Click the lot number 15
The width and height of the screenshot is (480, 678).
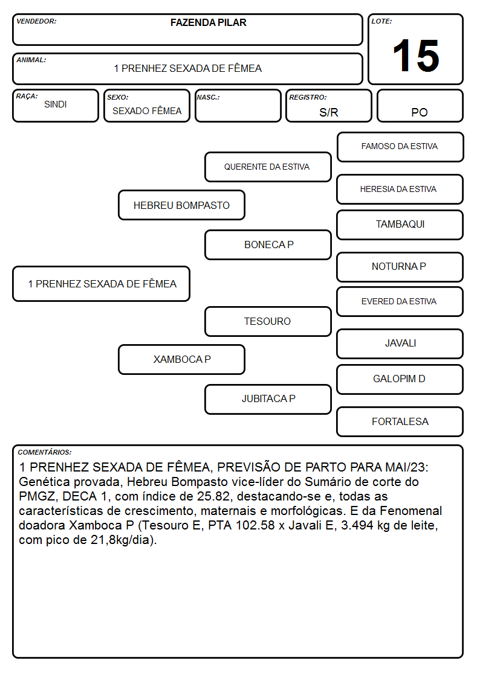416,56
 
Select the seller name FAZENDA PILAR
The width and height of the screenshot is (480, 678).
208,22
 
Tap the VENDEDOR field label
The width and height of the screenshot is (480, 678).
36,21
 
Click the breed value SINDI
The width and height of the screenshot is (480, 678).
56,104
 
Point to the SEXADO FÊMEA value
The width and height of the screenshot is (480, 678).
147,110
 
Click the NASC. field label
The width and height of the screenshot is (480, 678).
208,97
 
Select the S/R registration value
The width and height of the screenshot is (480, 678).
328,112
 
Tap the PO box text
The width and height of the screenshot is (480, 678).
420,112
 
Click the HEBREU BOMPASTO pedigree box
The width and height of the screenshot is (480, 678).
182,205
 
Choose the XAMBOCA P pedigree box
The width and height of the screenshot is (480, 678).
182,359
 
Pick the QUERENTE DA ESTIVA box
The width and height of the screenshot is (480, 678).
268,167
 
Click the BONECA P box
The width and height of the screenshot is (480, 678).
268,245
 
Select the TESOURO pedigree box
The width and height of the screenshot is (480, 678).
268,321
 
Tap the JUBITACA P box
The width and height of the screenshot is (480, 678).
268,399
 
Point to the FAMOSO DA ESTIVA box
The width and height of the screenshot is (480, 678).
400,147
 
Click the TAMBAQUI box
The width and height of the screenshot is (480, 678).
400,225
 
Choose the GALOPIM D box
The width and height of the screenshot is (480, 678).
400,379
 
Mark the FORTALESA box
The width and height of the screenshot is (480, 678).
400,421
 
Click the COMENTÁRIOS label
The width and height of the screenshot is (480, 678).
45,452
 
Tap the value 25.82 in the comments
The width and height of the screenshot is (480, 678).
213,496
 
